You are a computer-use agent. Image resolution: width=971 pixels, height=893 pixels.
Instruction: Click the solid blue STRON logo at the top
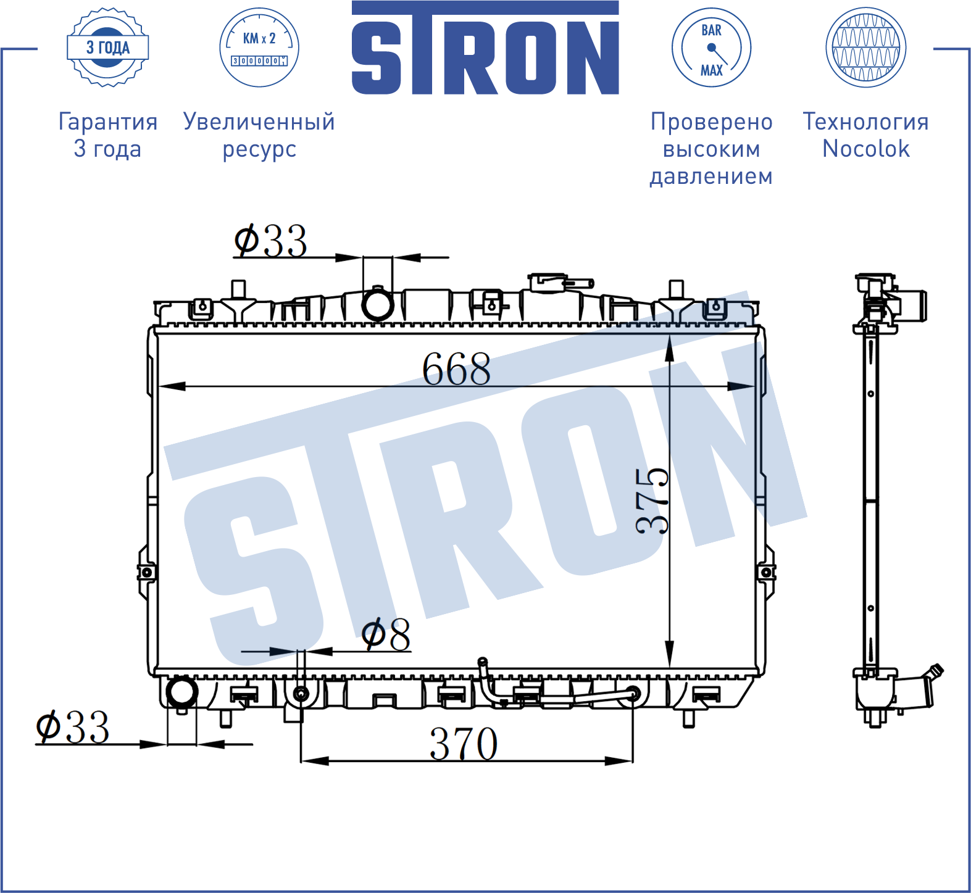click(485, 48)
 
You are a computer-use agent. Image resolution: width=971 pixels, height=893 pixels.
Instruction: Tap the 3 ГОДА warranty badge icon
click(108, 48)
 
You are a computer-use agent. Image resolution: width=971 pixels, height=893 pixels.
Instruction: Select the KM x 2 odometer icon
click(259, 48)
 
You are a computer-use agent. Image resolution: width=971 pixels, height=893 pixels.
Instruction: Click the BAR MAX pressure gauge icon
click(711, 48)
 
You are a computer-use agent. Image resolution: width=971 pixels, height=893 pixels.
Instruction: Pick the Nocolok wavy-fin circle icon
click(866, 48)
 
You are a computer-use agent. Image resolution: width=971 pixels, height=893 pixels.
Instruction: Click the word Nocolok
click(866, 149)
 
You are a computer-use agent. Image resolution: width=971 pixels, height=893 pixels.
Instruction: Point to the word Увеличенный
click(259, 122)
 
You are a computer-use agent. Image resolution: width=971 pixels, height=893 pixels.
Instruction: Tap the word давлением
click(711, 177)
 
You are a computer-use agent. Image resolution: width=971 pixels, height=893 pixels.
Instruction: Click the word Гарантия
click(108, 122)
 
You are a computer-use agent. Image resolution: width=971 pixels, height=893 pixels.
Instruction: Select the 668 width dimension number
click(457, 369)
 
